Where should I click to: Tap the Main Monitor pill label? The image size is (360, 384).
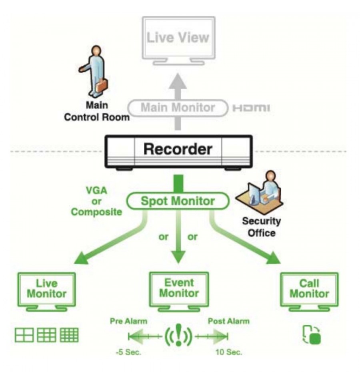178,108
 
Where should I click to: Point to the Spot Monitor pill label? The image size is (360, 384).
178,201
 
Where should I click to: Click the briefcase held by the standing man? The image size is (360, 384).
101,85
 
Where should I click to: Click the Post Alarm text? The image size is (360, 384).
228,321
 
